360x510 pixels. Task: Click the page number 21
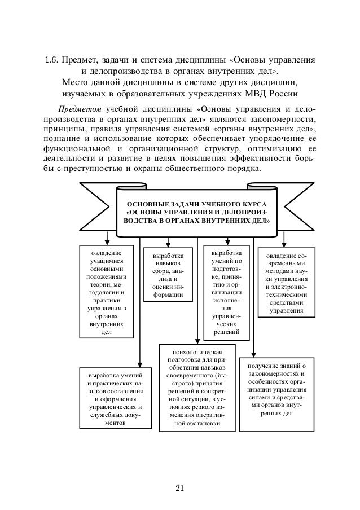[180, 488]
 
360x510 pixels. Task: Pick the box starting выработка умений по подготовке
[226, 292]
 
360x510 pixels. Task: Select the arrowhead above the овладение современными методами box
[284, 244]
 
